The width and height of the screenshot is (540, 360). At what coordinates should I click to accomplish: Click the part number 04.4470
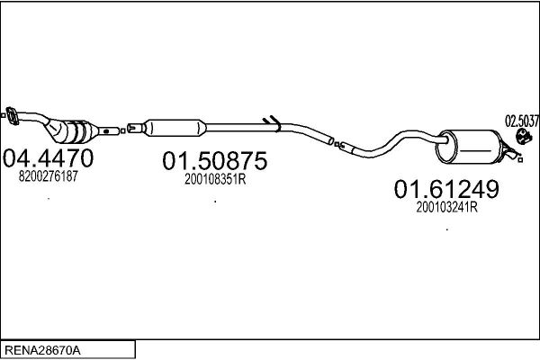click(48, 158)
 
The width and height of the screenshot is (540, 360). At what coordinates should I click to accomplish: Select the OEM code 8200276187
click(49, 176)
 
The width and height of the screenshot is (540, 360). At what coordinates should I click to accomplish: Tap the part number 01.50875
click(215, 161)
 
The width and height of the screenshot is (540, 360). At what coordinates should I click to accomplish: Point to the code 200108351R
click(215, 179)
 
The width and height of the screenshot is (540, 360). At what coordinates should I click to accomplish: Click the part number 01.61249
click(446, 189)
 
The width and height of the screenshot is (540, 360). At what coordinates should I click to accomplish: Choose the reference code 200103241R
click(446, 208)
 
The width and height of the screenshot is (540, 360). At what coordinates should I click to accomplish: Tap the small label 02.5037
click(522, 121)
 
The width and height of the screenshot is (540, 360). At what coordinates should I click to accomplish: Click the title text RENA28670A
click(42, 351)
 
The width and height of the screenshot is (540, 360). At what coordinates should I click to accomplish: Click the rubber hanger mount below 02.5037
click(524, 137)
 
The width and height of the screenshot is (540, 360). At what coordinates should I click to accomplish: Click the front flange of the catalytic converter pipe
click(13, 116)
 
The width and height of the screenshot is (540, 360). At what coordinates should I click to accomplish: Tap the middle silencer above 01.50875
click(175, 128)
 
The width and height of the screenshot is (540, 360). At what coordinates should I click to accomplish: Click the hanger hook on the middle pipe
click(272, 121)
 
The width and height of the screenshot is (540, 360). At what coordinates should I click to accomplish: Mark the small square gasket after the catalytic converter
click(123, 130)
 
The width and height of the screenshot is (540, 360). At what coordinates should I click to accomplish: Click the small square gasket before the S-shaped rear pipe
click(337, 144)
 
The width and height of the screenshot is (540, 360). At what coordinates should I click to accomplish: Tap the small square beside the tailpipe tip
click(521, 160)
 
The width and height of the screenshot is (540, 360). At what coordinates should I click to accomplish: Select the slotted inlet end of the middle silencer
click(135, 128)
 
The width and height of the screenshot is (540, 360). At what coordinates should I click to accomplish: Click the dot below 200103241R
click(447, 229)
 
